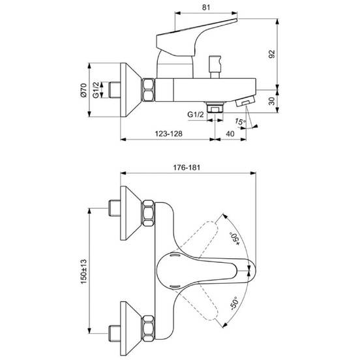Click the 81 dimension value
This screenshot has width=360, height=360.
coord(206,8)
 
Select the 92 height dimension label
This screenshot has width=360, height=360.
coord(271,54)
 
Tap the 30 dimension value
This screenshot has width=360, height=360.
coord(271,101)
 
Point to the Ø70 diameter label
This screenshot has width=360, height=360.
coord(83,90)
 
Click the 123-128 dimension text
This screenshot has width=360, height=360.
coord(169,134)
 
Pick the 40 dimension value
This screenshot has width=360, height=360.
coord(230,134)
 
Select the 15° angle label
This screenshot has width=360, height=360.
coord(240,121)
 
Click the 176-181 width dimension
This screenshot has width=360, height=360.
coord(187,168)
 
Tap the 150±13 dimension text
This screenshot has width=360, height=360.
coord(83,271)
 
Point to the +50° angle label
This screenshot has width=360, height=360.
coord(235,239)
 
